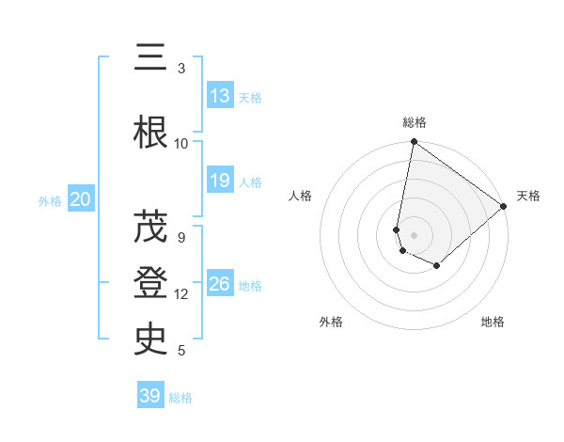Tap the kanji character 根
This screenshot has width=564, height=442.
click(150, 134)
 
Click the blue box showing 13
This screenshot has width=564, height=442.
click(220, 96)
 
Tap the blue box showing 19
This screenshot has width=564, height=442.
click(220, 181)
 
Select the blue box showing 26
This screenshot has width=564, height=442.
click(220, 284)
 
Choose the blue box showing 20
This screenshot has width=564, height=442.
click(80, 199)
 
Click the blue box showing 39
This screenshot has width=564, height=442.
click(150, 396)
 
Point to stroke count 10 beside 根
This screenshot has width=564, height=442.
click(181, 144)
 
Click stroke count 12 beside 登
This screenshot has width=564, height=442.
click(181, 294)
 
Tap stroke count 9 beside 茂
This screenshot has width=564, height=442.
click(181, 237)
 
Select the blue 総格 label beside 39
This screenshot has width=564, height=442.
click(181, 398)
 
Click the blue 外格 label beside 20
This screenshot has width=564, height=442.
click(50, 200)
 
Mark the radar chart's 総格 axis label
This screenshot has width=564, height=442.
click(415, 122)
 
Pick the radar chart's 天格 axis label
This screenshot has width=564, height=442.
click(529, 196)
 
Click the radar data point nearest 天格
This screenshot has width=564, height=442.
click(504, 207)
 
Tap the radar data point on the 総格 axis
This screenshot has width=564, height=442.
click(414, 143)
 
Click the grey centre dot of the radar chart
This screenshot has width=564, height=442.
click(414, 234)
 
